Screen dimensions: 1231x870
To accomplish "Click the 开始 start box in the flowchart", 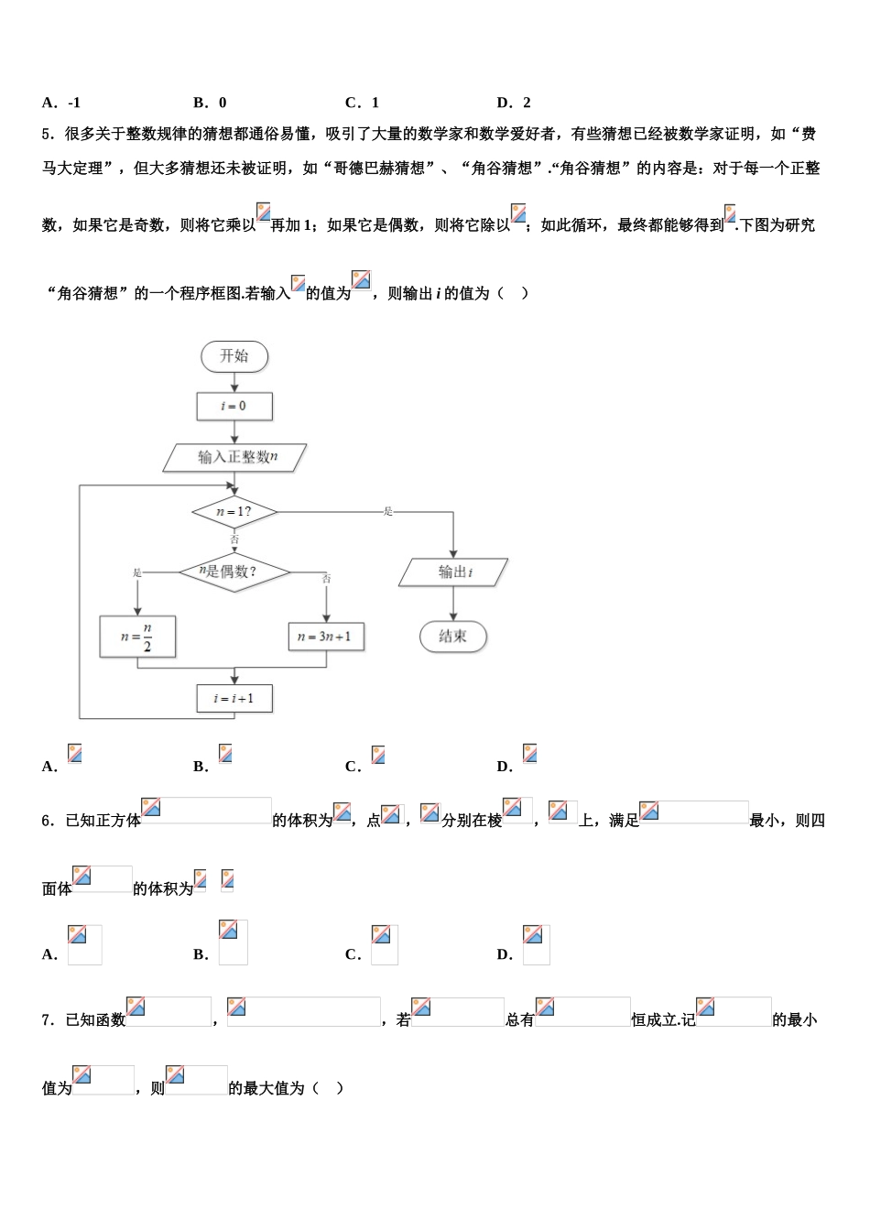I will point(234,356).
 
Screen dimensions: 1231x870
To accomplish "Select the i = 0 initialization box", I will point(234,406).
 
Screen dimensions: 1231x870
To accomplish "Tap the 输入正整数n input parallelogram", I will point(235,457).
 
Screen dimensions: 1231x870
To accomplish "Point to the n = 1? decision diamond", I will point(234,512).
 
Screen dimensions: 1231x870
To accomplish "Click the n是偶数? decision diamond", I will point(234,572).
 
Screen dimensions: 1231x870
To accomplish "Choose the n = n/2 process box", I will point(137,637).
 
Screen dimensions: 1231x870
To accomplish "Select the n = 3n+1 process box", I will point(326,637).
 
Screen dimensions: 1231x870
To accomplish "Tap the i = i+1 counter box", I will point(234,699).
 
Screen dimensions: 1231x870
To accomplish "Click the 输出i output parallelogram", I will point(453,572).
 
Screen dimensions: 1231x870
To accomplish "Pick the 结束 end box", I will point(453,637).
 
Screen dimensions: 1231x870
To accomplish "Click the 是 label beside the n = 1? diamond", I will point(388,511).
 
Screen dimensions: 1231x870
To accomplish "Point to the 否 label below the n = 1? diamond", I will point(234,540).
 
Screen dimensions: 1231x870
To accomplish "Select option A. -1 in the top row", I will point(61,103).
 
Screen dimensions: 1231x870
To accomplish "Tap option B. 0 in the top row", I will point(211,103).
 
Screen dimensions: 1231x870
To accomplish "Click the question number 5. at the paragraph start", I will point(49,135).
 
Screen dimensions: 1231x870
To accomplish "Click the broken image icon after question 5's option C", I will point(378,755).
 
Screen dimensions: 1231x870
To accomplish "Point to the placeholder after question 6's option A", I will point(84,944).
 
